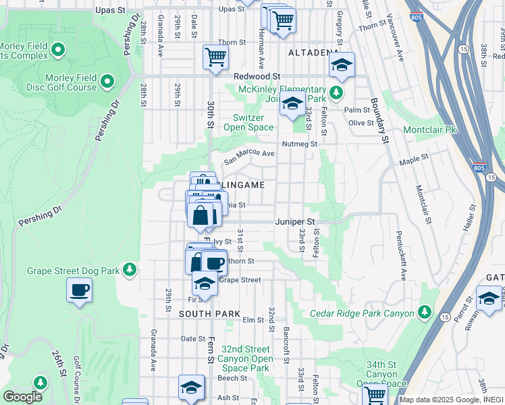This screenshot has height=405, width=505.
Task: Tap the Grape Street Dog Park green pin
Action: (129, 270)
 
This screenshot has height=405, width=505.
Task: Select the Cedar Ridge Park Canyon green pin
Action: (424, 312)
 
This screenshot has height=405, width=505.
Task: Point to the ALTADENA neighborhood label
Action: (313, 52)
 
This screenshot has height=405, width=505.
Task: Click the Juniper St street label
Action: (295, 221)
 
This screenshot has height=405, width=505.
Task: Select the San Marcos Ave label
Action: (249, 157)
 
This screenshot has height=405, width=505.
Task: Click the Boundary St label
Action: (379, 122)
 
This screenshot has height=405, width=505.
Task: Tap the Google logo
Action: (22, 396)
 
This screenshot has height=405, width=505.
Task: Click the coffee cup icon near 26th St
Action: (79, 290)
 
